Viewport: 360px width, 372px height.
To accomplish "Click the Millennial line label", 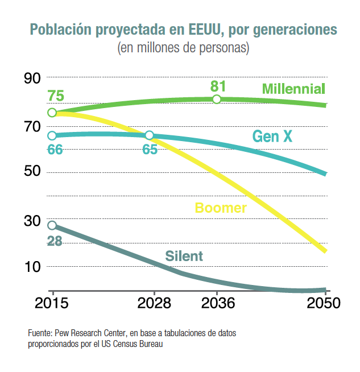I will point(293,89).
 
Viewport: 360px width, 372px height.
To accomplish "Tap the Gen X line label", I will point(272,137).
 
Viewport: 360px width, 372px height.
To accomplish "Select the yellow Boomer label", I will point(221,208).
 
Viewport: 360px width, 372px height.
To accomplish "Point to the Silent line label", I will point(184,256).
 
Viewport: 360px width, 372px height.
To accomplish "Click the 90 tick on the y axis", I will point(32,78).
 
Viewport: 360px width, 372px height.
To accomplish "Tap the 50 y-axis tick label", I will point(32,172).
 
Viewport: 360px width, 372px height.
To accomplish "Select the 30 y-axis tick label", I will point(32,220).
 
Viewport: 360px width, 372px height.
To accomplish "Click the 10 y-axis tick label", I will point(32,267).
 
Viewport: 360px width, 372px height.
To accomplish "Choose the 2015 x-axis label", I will point(52,303).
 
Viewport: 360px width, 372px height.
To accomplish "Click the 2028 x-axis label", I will point(154,303).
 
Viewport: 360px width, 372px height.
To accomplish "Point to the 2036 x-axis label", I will point(217,303).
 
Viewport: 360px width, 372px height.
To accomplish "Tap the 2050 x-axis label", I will point(321,303).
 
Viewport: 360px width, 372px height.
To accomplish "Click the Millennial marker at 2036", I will point(217,100).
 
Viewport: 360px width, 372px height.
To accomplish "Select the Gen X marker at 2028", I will point(150,135).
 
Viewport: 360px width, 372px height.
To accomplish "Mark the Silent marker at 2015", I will point(52,225).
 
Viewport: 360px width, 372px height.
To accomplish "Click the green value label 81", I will point(218,86).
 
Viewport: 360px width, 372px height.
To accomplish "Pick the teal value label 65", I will point(150,150).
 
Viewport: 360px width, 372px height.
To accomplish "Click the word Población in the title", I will point(59,30).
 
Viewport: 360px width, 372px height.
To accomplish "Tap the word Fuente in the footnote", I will point(39,333).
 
